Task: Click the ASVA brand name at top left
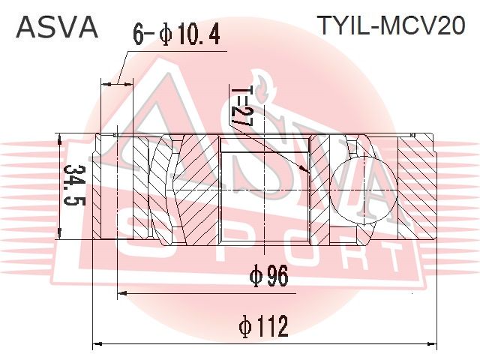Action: (57, 27)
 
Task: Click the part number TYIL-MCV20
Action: (391, 25)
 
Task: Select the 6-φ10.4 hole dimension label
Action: (177, 34)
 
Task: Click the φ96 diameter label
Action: (269, 276)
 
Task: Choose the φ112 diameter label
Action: (263, 326)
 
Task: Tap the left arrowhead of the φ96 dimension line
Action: (122, 293)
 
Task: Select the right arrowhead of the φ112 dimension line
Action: (433, 343)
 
